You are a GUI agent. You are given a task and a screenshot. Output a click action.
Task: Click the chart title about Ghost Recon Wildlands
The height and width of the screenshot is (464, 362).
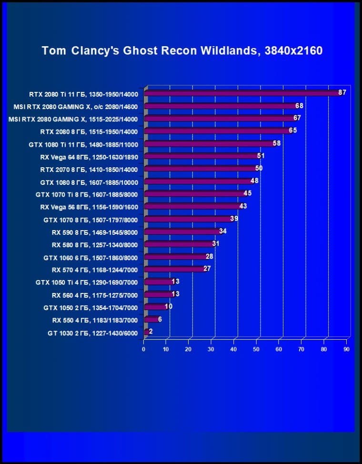click(x=182, y=50)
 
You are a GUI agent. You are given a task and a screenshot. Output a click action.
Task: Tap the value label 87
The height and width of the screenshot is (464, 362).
click(x=342, y=92)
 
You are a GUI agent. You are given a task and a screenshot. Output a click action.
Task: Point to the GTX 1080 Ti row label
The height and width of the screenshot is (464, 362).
click(x=83, y=143)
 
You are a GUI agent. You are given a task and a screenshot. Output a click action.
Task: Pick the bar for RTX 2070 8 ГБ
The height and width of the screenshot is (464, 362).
click(x=200, y=169)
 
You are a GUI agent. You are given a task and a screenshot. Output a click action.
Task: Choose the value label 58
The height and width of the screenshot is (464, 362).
click(x=277, y=143)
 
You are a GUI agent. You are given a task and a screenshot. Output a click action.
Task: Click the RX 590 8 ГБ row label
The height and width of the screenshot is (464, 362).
click(x=94, y=232)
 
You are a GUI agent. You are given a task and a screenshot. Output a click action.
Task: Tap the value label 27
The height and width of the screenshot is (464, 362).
click(x=207, y=269)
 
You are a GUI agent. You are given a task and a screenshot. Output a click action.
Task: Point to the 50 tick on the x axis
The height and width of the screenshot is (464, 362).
click(x=257, y=349)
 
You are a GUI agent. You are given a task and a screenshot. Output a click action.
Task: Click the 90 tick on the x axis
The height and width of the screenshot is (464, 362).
click(x=346, y=349)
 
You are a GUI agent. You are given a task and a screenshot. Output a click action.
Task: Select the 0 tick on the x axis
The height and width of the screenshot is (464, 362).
click(x=144, y=349)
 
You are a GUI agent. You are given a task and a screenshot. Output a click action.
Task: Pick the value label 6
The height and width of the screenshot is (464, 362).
click(x=160, y=319)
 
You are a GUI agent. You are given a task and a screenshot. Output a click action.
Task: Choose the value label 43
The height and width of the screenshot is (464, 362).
click(x=243, y=206)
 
